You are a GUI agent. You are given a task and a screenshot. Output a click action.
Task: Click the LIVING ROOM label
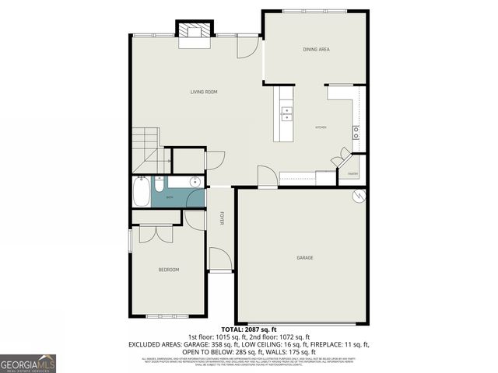point(204,92)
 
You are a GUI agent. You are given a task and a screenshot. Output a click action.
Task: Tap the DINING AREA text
point(316,50)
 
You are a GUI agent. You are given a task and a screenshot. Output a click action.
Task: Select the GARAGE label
point(305,257)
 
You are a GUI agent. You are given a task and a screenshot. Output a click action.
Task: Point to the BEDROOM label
point(169,270)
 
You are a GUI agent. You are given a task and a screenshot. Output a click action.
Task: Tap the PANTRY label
point(352,174)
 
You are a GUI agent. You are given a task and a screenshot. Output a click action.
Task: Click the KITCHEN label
point(321,127)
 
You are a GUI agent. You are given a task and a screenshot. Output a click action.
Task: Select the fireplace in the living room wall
point(195,31)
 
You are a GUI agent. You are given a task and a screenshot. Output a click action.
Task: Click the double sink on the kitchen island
point(286,113)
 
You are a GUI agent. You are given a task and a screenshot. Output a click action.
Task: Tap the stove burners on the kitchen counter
point(356,131)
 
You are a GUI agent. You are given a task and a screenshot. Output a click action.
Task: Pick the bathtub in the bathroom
point(142,192)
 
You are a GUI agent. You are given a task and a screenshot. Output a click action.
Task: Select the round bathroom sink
point(195,183)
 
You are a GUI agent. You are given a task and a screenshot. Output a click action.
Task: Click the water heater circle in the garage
point(359,197)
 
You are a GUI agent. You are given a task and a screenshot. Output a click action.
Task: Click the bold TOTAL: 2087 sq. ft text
point(248,329)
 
